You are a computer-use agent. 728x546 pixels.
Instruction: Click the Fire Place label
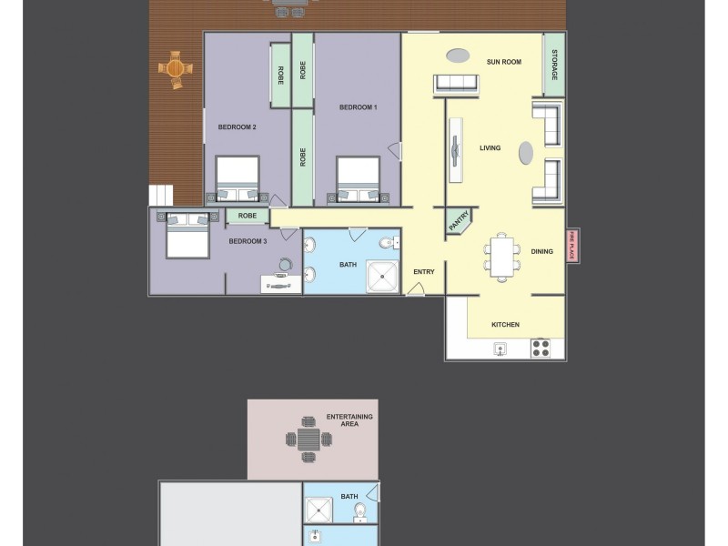click(x=572, y=246)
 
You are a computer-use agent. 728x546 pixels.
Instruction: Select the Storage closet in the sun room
click(x=553, y=64)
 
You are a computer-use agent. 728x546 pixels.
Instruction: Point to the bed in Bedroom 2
click(x=238, y=179)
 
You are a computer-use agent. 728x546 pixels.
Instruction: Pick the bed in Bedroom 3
click(x=188, y=235)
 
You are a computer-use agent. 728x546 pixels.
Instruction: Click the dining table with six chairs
click(x=502, y=256)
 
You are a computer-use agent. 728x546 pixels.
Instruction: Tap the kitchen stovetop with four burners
click(x=541, y=348)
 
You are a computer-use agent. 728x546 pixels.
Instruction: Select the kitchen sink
click(x=500, y=348)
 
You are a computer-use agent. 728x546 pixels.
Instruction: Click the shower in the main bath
click(x=382, y=276)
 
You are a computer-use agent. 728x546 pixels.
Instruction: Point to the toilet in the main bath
click(x=388, y=242)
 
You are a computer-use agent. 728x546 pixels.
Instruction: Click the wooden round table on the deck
click(x=176, y=68)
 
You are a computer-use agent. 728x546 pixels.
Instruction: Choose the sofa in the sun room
click(x=456, y=84)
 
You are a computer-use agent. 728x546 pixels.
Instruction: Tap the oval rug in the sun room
click(x=458, y=56)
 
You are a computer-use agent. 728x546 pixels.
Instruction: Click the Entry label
click(x=424, y=271)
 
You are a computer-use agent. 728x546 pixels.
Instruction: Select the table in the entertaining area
click(x=308, y=440)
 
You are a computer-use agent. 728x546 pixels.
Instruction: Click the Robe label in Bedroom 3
click(x=247, y=216)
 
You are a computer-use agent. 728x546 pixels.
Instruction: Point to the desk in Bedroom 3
click(x=280, y=283)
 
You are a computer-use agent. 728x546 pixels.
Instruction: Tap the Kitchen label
click(x=505, y=324)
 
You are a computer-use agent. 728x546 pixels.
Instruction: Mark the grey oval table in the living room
click(x=526, y=153)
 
